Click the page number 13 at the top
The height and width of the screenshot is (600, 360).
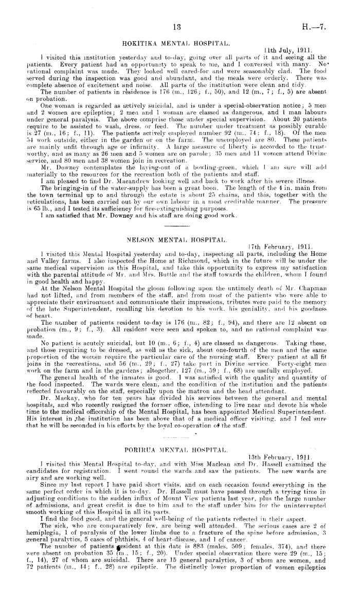click(177, 27)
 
